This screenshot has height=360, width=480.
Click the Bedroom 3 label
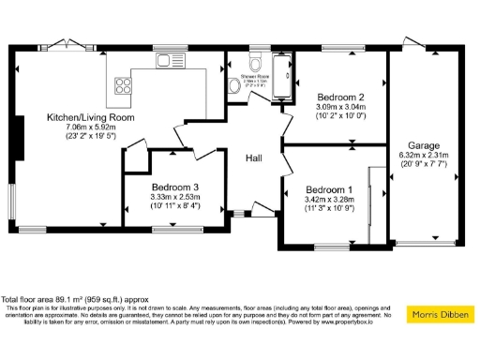(x=173, y=187)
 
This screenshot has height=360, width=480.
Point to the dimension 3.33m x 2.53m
(x=173, y=197)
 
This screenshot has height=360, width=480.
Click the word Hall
(x=253, y=159)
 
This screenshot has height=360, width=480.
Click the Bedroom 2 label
(x=339, y=97)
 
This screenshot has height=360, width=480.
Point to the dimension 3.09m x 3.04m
(x=339, y=109)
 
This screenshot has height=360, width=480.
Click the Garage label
(x=424, y=144)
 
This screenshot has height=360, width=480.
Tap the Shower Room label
(x=255, y=75)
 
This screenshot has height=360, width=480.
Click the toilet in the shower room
(x=234, y=87)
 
